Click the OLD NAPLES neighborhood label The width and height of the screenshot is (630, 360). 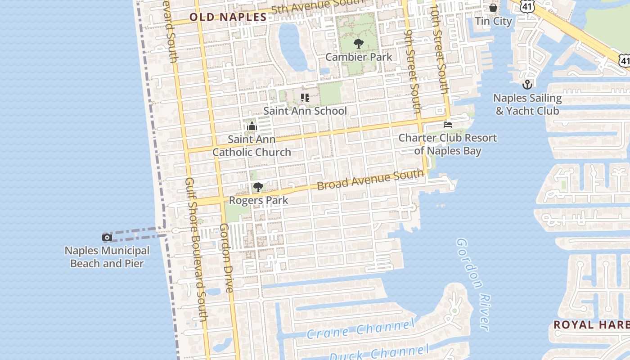(228, 17)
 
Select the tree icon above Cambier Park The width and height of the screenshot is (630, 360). (358, 44)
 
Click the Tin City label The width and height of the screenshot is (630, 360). (494, 21)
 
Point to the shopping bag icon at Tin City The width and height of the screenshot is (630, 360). (493, 8)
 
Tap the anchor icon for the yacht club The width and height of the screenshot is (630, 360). (527, 84)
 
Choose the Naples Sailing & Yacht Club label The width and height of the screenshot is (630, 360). (527, 104)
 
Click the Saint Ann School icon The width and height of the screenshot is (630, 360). (305, 97)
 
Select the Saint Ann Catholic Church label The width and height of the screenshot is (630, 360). (252, 146)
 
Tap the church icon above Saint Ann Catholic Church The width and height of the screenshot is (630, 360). (252, 126)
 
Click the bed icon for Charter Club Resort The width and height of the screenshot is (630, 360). (447, 125)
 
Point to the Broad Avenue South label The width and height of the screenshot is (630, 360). (370, 180)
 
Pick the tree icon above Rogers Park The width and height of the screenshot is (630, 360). (258, 187)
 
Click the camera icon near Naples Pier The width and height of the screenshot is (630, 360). (107, 237)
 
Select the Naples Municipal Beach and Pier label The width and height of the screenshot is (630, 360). (107, 257)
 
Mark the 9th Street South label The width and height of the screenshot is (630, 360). (412, 72)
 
